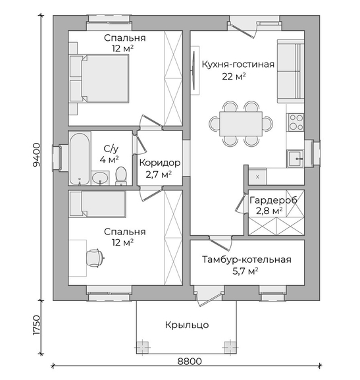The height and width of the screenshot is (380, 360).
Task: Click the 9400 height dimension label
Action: click(36, 155)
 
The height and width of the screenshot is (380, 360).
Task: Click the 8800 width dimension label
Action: click(190, 362)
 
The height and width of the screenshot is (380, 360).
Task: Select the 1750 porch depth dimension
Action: click(36, 325)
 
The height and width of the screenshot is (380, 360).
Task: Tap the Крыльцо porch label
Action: click(187, 325)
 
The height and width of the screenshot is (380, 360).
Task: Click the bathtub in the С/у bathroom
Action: click(79, 159)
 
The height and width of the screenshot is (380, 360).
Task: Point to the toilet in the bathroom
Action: click(120, 175)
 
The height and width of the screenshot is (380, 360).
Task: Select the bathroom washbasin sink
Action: click(100, 178)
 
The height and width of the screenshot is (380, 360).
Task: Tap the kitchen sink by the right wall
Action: click(295, 159)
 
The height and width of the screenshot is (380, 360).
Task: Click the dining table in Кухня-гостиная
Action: click(241, 124)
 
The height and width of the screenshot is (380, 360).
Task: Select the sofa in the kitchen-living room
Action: click(290, 71)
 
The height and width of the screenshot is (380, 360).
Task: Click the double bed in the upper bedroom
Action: click(99, 78)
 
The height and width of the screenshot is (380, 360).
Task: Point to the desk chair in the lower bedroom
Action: click(95, 258)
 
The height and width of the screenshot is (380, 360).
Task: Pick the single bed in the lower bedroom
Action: click(97, 204)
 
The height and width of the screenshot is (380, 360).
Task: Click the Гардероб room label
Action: click(273, 200)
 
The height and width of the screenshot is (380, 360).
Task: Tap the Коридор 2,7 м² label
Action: click(160, 168)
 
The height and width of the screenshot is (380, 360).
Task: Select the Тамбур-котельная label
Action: click(247, 259)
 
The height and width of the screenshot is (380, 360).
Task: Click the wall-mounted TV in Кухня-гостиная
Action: click(194, 70)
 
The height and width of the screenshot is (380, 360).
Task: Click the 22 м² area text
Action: click(234, 76)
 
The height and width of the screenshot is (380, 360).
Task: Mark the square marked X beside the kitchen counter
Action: click(257, 176)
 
